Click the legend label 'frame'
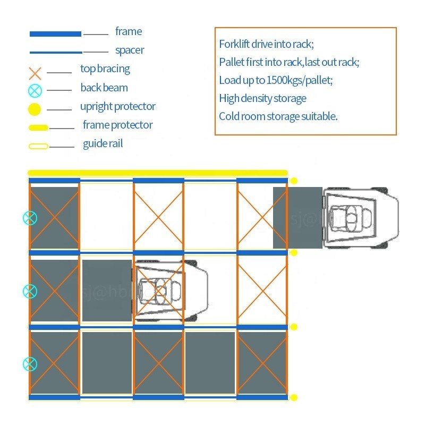(x=129, y=32)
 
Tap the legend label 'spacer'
(x=130, y=50)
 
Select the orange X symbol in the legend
(x=35, y=73)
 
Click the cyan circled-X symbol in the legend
(x=35, y=91)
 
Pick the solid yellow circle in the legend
(x=35, y=110)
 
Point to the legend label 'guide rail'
(x=103, y=144)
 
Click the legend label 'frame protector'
(x=117, y=125)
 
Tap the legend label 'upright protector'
(x=118, y=106)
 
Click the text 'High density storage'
(x=262, y=98)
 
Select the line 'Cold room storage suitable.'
(x=278, y=116)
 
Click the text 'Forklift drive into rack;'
(x=270, y=44)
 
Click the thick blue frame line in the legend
(x=55, y=33)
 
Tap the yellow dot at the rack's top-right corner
(x=294, y=181)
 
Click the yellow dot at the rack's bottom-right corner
(x=294, y=397)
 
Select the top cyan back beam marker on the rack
(x=30, y=217)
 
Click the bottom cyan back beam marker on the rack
(x=30, y=364)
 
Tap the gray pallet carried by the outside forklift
(x=297, y=217)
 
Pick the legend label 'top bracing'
(x=105, y=69)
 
